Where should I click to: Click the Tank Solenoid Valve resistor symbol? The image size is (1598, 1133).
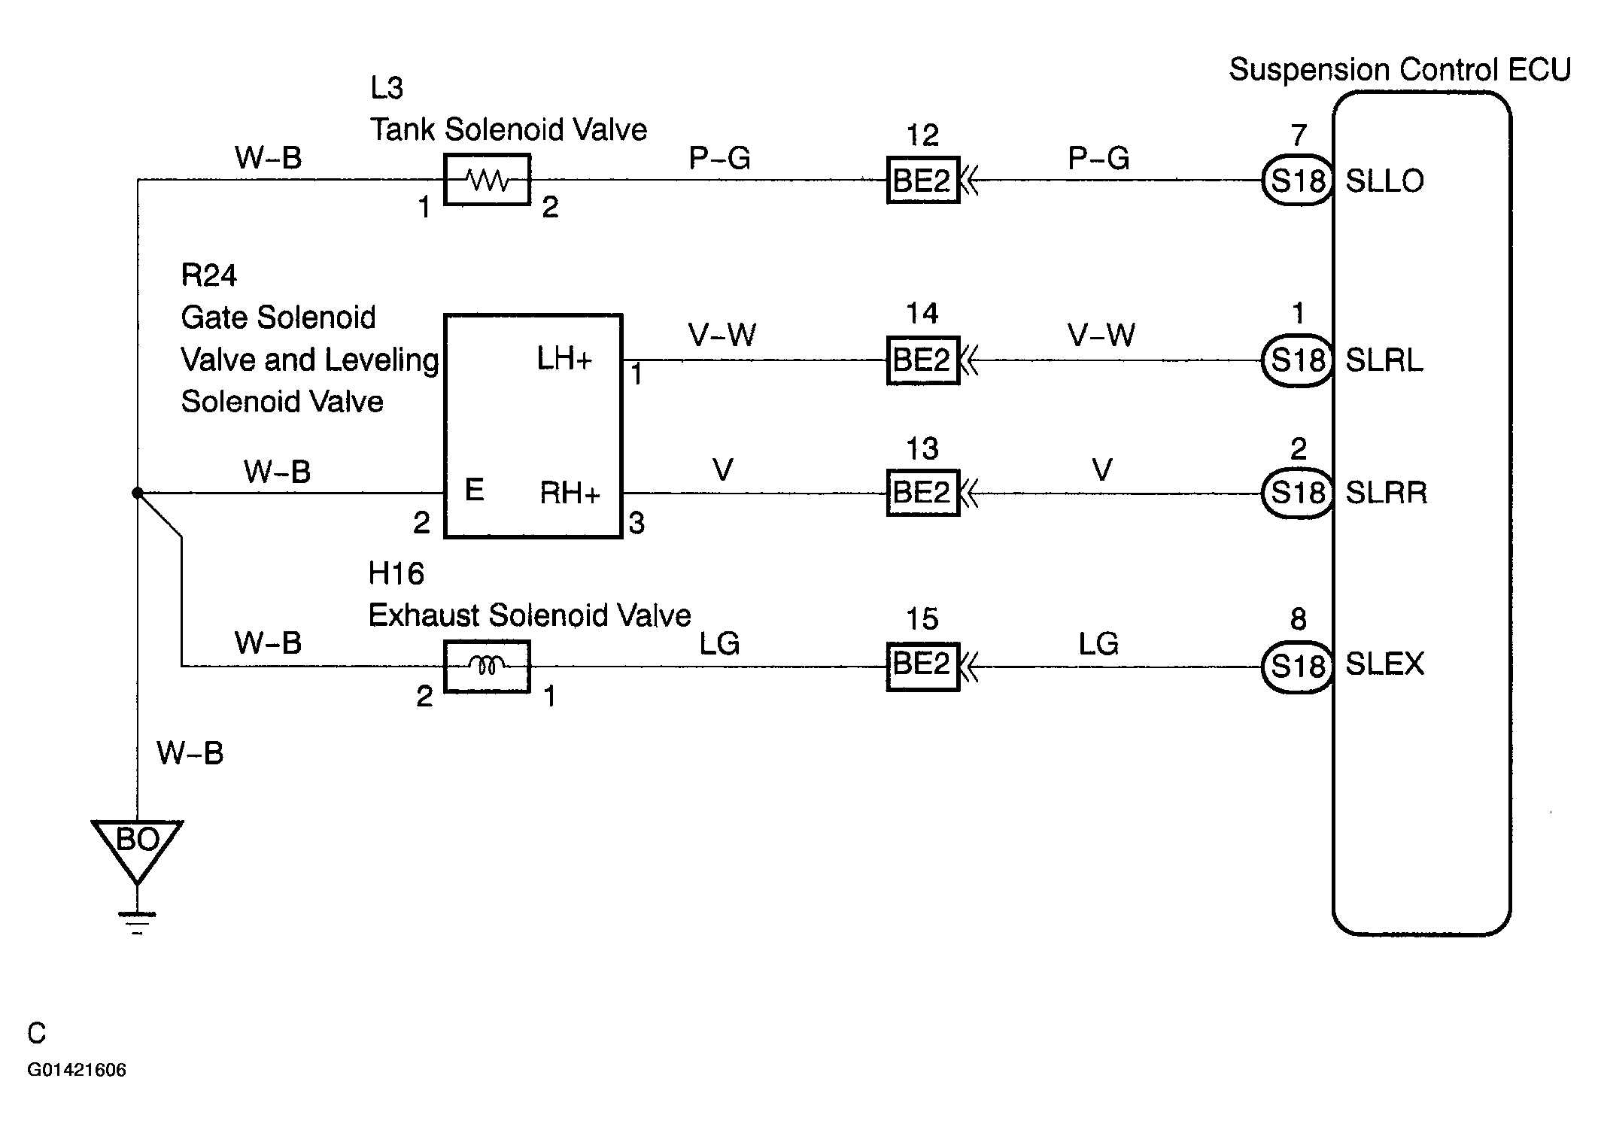488,180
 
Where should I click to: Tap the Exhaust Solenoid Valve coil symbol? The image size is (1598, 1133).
488,666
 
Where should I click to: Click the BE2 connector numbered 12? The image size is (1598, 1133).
923,180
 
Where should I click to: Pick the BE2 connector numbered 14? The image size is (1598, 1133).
923,360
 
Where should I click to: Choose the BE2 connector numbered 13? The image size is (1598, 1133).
923,493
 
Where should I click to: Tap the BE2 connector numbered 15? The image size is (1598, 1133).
923,665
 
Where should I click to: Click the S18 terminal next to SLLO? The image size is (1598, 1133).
1298,181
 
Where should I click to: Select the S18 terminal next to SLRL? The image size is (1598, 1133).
1298,360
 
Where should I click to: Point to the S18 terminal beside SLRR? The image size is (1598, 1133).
1298,494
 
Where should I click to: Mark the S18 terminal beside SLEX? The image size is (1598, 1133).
1298,666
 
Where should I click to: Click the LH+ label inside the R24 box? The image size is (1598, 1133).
564,360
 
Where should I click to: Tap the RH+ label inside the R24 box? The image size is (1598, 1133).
570,493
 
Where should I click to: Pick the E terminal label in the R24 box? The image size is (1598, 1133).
474,490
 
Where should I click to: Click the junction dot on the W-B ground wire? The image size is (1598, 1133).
137,493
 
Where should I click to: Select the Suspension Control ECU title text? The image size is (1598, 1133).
1400,70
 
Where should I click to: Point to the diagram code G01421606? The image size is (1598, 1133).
77,1070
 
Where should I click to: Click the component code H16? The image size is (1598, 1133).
396,574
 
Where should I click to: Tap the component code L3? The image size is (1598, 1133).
387,88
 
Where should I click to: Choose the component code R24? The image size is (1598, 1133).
208,276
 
